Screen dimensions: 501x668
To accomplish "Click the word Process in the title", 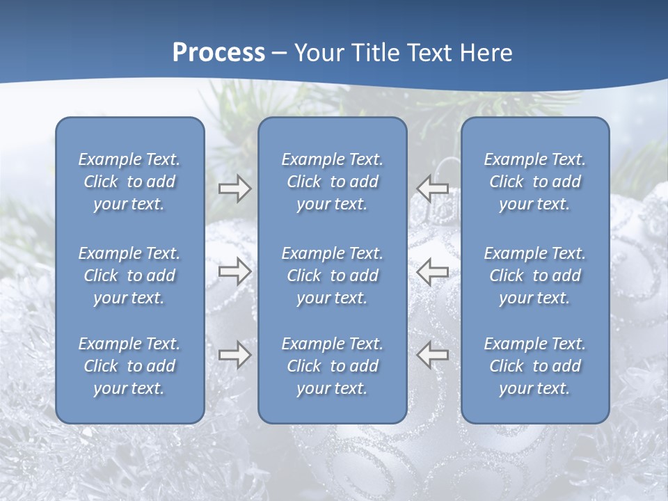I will [218, 53].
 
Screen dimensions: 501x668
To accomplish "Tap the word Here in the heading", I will [485, 53].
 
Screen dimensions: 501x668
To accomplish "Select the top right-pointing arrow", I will [234, 189].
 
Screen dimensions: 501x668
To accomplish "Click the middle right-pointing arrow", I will [234, 271].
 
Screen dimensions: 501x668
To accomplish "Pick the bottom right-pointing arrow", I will [234, 354].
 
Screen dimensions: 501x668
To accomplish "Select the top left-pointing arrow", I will [433, 188].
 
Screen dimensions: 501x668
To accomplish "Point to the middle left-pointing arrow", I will [433, 271].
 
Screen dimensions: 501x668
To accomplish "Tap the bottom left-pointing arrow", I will [433, 354].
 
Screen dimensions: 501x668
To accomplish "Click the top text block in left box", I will [129, 182].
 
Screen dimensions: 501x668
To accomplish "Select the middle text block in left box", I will [129, 276].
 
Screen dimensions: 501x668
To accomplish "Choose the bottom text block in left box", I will [129, 366].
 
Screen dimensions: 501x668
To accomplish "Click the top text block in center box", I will [332, 182].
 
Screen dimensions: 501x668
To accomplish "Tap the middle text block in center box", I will [332, 276].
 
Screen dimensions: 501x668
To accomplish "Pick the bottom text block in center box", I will [332, 366].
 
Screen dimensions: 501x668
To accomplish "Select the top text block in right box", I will [534, 182].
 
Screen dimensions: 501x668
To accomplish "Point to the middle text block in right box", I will [534, 276].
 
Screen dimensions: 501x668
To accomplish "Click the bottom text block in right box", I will [534, 366].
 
